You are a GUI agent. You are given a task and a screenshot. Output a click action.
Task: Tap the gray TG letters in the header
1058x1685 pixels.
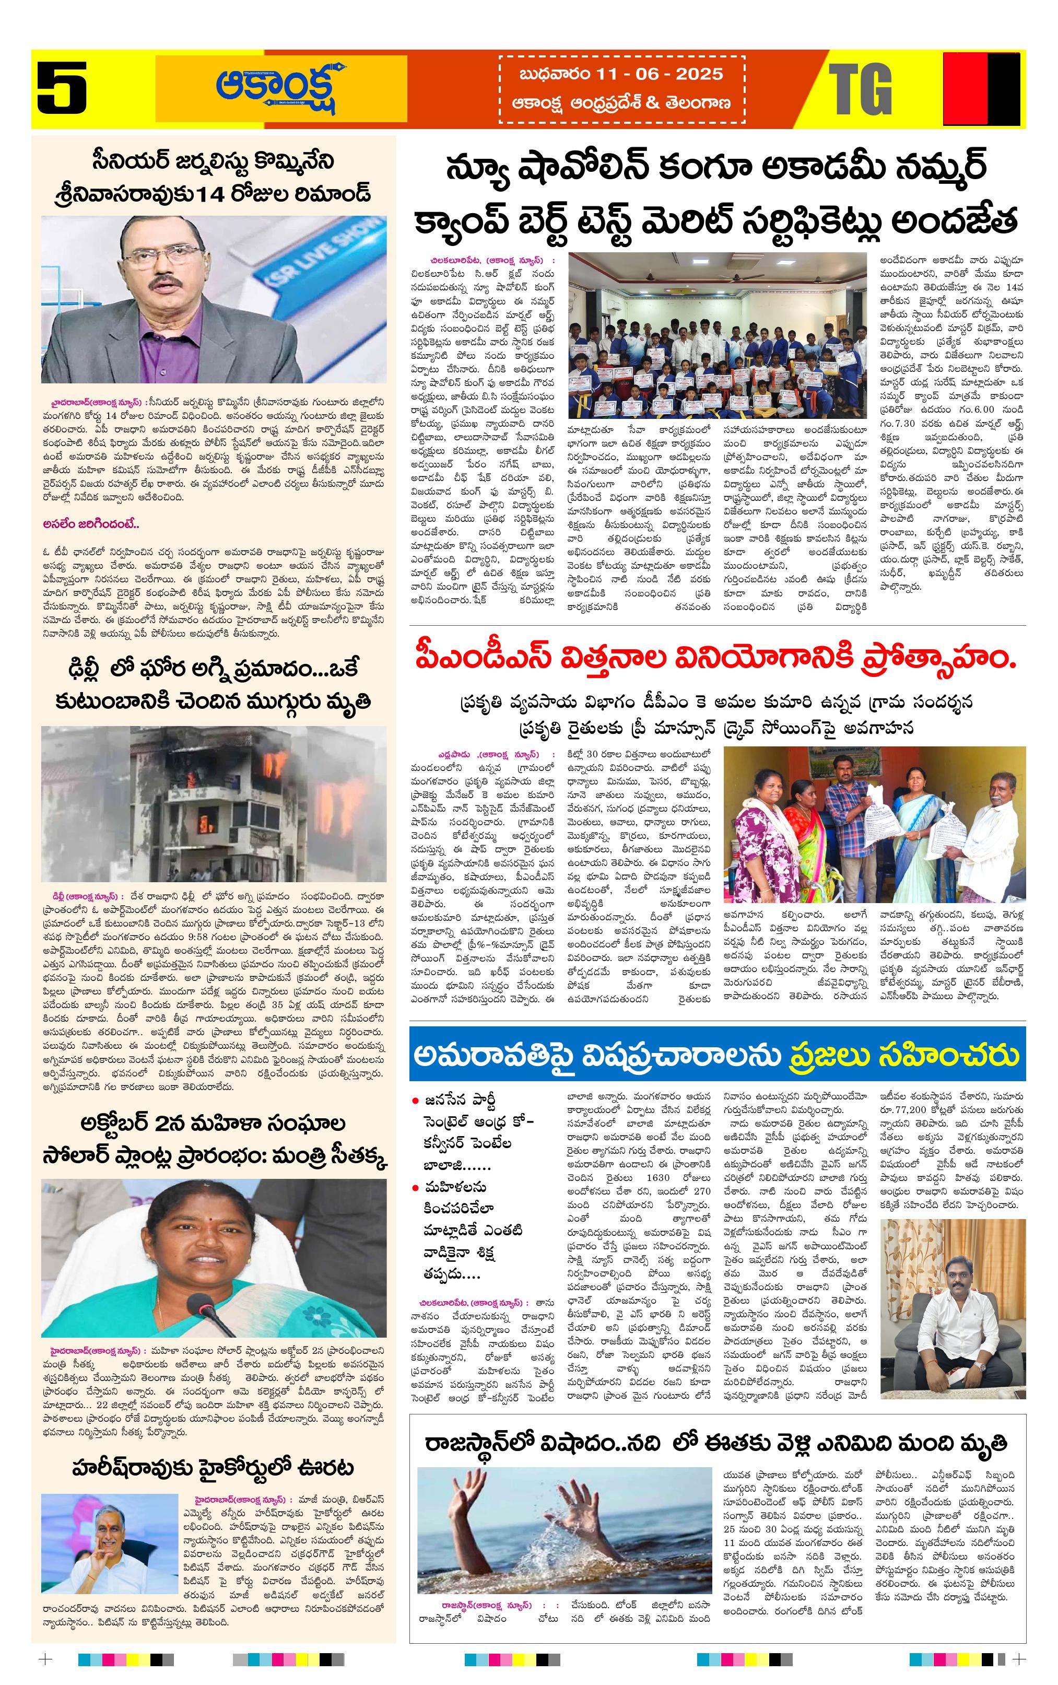[x=860, y=89]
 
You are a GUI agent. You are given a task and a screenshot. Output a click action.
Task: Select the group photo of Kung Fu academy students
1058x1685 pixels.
[x=717, y=336]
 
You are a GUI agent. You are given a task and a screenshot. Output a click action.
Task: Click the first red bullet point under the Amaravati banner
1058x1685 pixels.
[x=416, y=1100]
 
